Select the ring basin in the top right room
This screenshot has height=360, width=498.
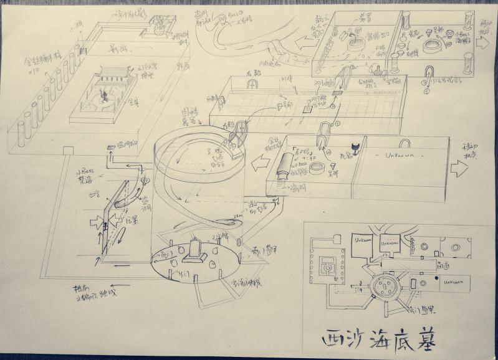(x=433, y=46)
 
